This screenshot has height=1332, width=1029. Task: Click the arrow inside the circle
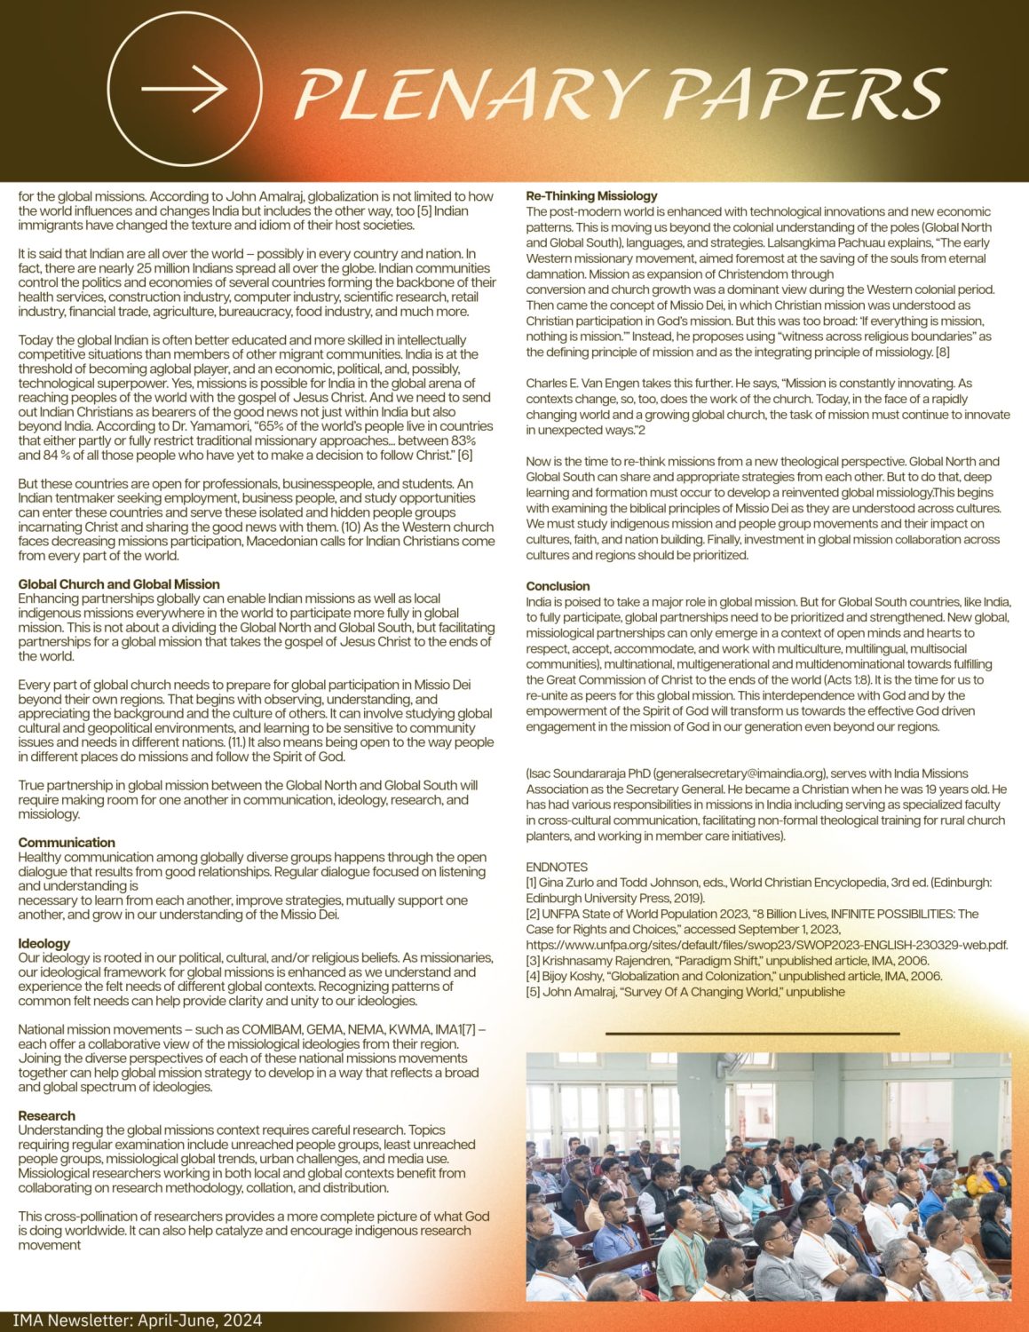(184, 89)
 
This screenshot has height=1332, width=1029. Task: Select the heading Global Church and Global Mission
(119, 584)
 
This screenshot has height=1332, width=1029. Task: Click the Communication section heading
(67, 843)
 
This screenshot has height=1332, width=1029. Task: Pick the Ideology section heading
(44, 943)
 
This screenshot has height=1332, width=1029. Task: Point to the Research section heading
(47, 1115)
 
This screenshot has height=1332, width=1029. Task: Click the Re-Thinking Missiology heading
(591, 195)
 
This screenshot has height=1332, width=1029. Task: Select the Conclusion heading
(558, 586)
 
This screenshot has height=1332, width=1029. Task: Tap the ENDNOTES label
(557, 867)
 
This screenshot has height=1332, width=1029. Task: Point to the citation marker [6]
(464, 456)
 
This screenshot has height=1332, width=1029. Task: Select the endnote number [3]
(533, 961)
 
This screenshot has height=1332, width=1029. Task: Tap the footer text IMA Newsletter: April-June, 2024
(138, 1320)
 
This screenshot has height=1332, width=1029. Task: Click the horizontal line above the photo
(752, 1034)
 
